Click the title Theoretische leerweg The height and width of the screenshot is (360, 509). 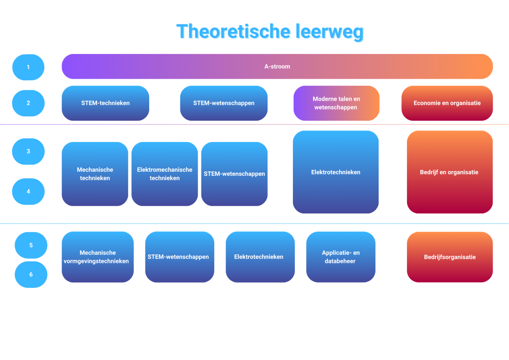coord(270,32)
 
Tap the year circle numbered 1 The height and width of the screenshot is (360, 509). coord(28,67)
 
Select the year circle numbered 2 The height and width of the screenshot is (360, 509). coord(28,103)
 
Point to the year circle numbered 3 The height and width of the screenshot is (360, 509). coord(28,152)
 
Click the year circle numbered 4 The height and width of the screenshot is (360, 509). coord(28,191)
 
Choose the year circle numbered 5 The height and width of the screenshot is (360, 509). coord(31,245)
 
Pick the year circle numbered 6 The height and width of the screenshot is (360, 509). coord(31,274)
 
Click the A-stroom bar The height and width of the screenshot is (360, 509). coord(277,66)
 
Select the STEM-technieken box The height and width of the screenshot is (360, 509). coord(105,103)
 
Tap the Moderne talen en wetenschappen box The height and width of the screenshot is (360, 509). coord(336,103)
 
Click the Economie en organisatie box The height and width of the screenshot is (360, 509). coord(447,103)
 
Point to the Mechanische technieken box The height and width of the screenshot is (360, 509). coord(95,174)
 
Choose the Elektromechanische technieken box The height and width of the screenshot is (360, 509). coord(165,174)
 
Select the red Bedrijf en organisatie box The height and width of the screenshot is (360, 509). coord(449,172)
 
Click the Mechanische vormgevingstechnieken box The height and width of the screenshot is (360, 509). coord(97,257)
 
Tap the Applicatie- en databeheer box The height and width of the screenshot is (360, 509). coord(341,257)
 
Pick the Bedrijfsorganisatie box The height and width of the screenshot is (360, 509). coord(449,257)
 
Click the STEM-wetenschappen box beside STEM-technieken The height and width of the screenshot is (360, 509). coord(224,103)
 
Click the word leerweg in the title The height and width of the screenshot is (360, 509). coord(330,32)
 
